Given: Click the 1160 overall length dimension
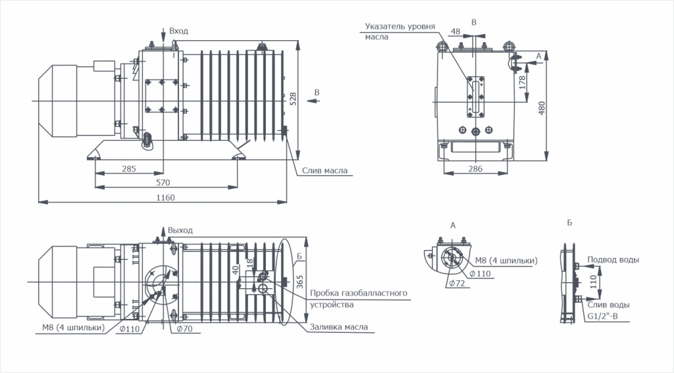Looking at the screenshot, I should (166, 198).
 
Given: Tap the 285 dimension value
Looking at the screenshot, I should (128, 169).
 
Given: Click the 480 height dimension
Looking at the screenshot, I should (542, 107).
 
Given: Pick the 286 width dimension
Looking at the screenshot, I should (475, 169).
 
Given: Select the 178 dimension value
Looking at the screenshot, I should (522, 82).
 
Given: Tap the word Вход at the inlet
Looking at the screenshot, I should (178, 31).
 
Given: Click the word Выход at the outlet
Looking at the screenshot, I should (180, 230).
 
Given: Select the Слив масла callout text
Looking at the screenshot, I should (324, 171).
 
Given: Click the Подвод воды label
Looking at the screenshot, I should (613, 260).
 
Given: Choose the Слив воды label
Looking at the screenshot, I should (609, 305).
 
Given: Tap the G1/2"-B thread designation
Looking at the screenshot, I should (604, 316).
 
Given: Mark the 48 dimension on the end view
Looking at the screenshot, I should (455, 32).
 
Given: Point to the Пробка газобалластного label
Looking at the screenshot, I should (358, 293).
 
